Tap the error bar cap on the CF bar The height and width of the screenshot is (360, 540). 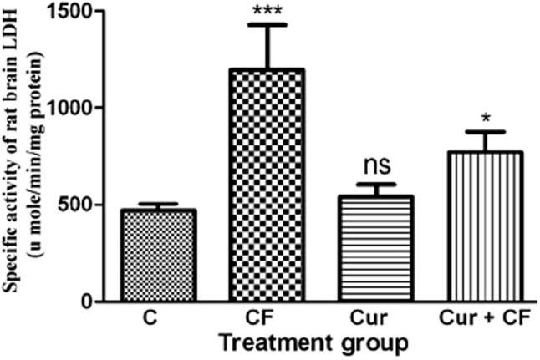click(267, 25)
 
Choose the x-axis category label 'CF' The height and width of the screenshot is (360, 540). click(267, 322)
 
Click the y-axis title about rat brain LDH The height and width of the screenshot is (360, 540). click(23, 159)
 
